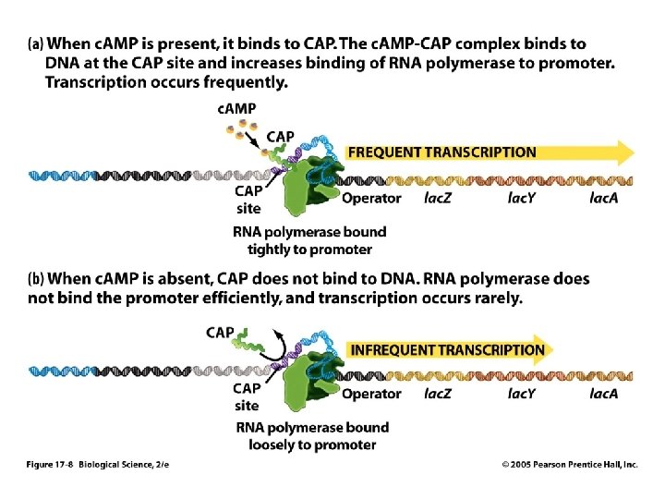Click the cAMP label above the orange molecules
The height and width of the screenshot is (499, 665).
[236, 109]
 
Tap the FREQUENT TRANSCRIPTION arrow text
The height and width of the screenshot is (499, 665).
[441, 152]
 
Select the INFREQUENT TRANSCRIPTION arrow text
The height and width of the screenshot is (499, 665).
[447, 350]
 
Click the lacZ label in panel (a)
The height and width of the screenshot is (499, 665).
[438, 198]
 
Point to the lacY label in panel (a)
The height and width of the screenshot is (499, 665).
[521, 198]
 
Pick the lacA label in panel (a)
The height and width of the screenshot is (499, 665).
[603, 198]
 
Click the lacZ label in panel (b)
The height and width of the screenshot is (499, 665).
[438, 394]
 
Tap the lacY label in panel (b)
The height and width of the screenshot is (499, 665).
[521, 394]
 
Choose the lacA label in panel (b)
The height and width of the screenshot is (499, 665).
[603, 394]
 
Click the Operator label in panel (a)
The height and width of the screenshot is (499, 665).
[371, 198]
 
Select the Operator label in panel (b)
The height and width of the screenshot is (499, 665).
[371, 394]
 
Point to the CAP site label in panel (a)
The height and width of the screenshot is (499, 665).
[248, 200]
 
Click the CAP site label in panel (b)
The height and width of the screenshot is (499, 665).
[247, 396]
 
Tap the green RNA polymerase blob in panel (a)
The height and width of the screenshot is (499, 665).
[307, 187]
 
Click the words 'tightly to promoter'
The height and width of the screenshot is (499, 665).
[309, 249]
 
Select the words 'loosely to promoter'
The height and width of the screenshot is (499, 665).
[312, 445]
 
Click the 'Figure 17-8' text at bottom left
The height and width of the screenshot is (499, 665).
[50, 465]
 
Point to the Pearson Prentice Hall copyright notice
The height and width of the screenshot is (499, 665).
[570, 465]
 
